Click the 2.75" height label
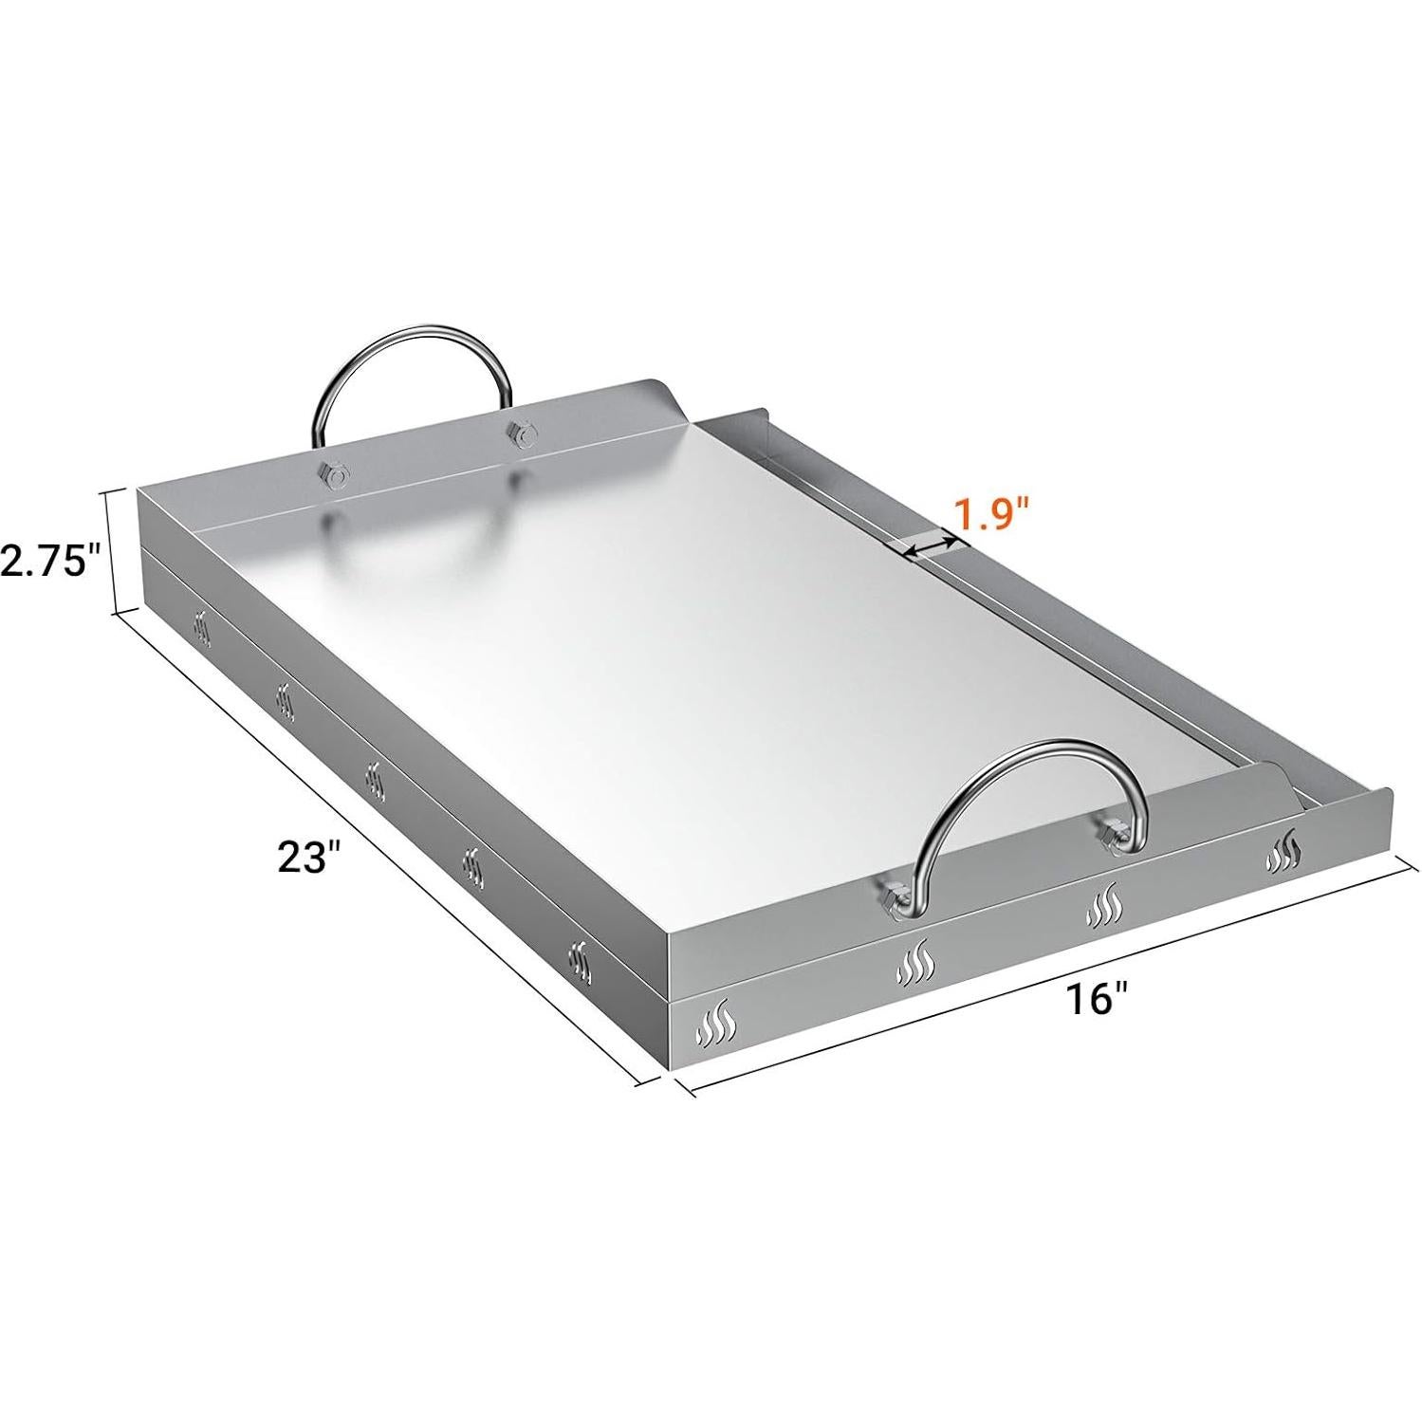pos(49,563)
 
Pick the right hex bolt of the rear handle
pos(518,434)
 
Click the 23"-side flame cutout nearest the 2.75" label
pos(202,629)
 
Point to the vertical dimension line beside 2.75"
pos(115,551)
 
